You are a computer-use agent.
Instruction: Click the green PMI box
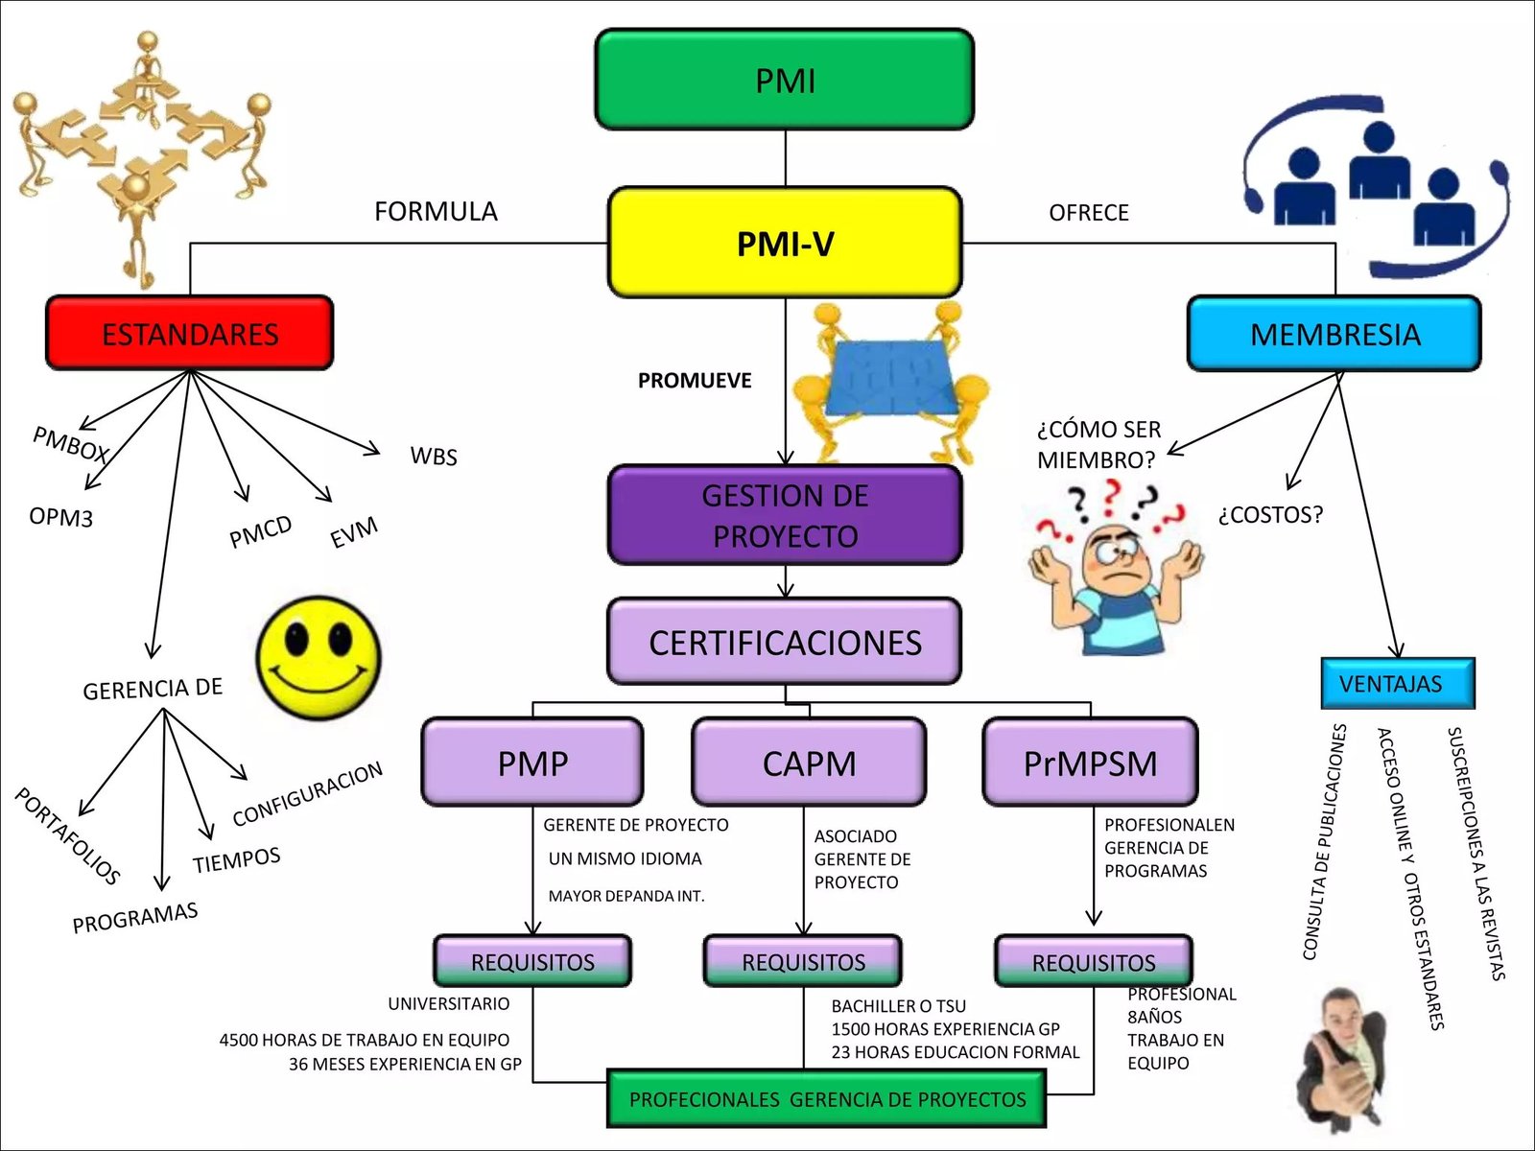click(x=785, y=80)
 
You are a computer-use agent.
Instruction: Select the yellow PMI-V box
click(x=785, y=243)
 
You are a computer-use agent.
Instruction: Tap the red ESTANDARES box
click(x=190, y=333)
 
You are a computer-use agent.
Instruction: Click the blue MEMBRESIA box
click(x=1334, y=333)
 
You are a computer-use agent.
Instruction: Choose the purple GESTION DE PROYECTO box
click(x=785, y=515)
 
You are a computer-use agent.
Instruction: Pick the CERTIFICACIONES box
click(x=785, y=642)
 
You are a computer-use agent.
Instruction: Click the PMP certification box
click(x=532, y=763)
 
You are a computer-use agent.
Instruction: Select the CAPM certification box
click(x=809, y=763)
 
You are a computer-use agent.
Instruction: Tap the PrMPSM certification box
click(x=1091, y=763)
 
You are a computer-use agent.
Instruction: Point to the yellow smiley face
click(x=319, y=658)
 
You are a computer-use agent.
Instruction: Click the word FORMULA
click(x=436, y=211)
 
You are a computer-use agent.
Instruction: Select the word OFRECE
click(x=1089, y=212)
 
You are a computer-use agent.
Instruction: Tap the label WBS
click(x=434, y=457)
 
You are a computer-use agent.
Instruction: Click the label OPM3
click(x=60, y=517)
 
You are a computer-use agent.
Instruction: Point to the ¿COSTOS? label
click(x=1270, y=515)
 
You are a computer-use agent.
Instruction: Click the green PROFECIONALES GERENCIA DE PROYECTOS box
click(x=827, y=1099)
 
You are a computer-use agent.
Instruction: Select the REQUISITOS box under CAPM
click(x=803, y=961)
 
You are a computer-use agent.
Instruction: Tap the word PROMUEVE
click(x=695, y=380)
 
